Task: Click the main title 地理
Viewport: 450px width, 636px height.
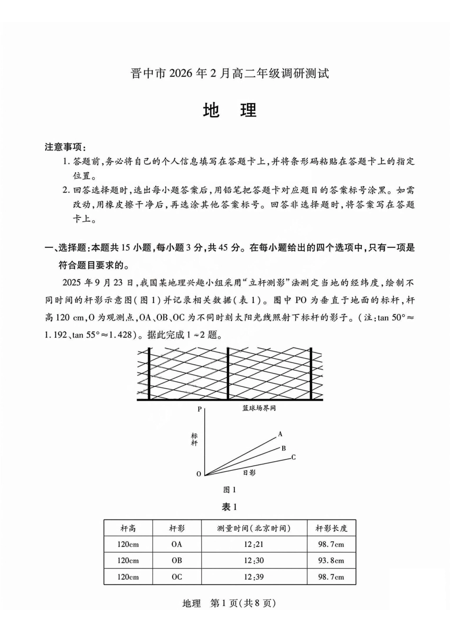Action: (x=230, y=110)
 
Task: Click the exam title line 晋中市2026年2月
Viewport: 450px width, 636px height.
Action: (x=230, y=73)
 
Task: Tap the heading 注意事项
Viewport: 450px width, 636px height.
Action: (x=65, y=147)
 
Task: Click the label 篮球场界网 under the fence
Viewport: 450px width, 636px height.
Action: (x=259, y=408)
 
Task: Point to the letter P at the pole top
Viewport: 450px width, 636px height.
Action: (x=199, y=409)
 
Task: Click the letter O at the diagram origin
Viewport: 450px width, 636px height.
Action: (x=199, y=474)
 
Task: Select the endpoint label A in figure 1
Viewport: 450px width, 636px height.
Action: (x=280, y=434)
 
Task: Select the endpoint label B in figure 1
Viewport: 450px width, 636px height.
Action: (x=284, y=448)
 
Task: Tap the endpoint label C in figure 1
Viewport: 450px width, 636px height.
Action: (x=294, y=457)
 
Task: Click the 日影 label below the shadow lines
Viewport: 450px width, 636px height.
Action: (x=249, y=473)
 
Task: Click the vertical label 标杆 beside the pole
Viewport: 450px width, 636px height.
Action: (x=194, y=439)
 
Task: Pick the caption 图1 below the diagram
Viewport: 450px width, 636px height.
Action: (x=230, y=490)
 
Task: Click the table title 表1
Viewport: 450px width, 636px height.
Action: (x=230, y=507)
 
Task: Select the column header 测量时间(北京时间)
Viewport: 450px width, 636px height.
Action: (x=254, y=528)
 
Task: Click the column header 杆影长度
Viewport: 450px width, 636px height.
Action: (x=331, y=528)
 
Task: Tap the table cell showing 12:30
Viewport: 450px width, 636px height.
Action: (x=254, y=561)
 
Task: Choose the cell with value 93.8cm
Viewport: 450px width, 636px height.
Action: (x=331, y=561)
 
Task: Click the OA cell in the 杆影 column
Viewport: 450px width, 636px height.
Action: (x=177, y=545)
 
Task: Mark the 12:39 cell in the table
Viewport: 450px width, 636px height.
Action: (x=254, y=577)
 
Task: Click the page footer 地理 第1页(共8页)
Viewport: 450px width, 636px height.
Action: (x=230, y=603)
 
